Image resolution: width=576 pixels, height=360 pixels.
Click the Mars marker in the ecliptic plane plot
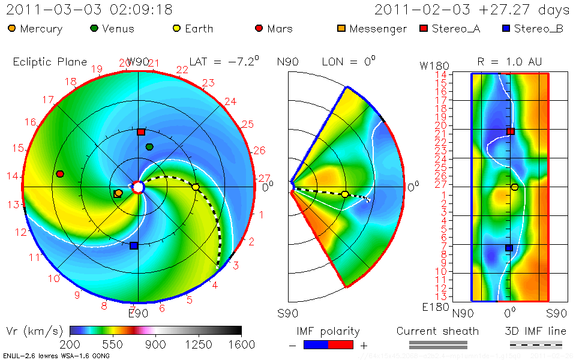tap(60, 174)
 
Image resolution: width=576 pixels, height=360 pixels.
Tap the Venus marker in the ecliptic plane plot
tap(149, 147)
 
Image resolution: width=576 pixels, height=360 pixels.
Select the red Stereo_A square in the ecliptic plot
tap(141, 132)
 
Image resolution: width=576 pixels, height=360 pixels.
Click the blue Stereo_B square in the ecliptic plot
tap(134, 245)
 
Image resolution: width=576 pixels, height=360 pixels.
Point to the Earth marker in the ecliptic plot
tap(196, 187)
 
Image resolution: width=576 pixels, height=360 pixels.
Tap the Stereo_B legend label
tap(538, 29)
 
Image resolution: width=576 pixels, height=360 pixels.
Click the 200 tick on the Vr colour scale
tap(70, 344)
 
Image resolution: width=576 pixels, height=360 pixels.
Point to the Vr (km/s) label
tap(34, 331)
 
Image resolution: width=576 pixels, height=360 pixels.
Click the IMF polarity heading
tap(328, 331)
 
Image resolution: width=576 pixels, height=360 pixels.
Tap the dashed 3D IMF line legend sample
tap(536, 344)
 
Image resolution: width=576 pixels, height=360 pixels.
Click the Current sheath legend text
tap(437, 331)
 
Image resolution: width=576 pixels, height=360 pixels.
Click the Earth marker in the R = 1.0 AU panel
tap(514, 187)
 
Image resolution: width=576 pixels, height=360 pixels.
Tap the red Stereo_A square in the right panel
tap(511, 131)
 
